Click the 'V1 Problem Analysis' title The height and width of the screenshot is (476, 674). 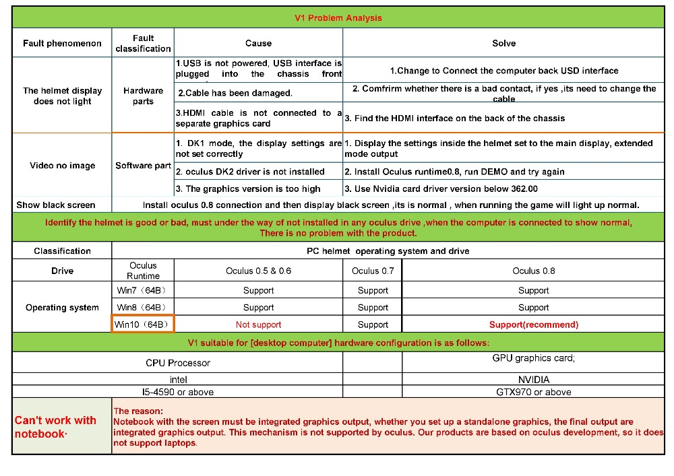[x=338, y=18]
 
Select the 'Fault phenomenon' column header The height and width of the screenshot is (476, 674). [x=62, y=43]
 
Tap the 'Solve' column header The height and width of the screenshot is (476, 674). [x=503, y=43]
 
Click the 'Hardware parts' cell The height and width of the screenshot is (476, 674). [x=143, y=96]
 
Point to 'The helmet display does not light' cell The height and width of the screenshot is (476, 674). [x=62, y=96]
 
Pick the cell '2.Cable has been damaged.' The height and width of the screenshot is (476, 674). [x=235, y=93]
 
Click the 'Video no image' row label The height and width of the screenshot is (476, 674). [x=62, y=166]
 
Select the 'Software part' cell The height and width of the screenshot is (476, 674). [x=143, y=166]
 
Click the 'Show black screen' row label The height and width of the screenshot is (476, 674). [x=56, y=205]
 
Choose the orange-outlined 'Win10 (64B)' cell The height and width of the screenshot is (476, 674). [x=143, y=325]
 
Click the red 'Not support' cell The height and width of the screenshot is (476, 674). [x=258, y=325]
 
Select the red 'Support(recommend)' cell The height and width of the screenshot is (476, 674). [x=533, y=325]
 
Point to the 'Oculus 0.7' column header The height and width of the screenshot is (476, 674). [x=373, y=271]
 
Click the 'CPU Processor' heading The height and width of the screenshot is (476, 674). [x=178, y=363]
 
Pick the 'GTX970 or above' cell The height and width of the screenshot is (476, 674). [x=533, y=392]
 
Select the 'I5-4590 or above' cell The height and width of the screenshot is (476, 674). [x=178, y=392]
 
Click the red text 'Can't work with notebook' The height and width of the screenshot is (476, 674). [x=55, y=427]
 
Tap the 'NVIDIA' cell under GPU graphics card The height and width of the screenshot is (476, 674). [x=533, y=379]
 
